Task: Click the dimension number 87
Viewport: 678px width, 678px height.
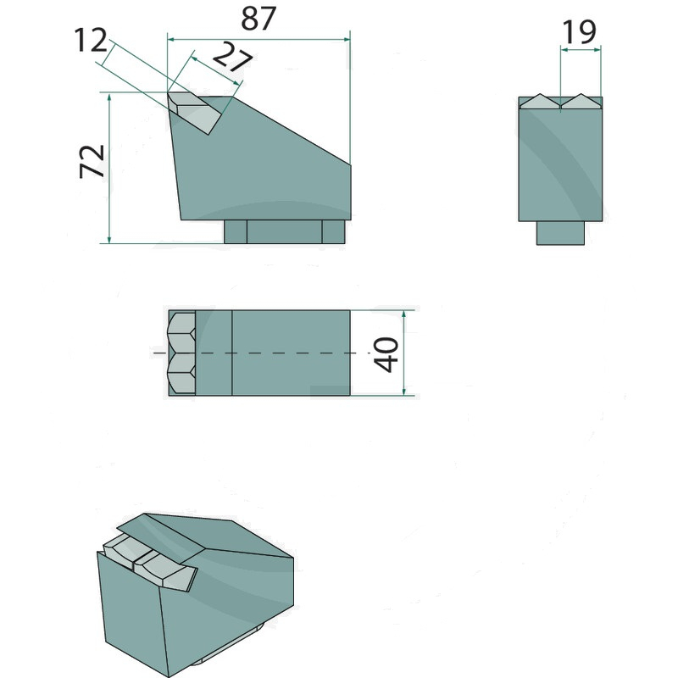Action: [258, 19]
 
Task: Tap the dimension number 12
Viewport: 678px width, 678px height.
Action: [91, 40]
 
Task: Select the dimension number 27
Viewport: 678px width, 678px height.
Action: [232, 57]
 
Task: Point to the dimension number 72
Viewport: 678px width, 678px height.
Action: [92, 161]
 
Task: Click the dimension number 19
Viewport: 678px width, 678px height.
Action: [579, 32]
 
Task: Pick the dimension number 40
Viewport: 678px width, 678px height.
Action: [386, 354]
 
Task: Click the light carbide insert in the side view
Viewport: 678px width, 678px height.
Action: [195, 112]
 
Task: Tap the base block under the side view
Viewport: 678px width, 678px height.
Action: [285, 231]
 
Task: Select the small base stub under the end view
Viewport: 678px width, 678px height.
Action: [560, 233]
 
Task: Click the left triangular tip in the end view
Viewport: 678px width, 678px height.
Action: [540, 102]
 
